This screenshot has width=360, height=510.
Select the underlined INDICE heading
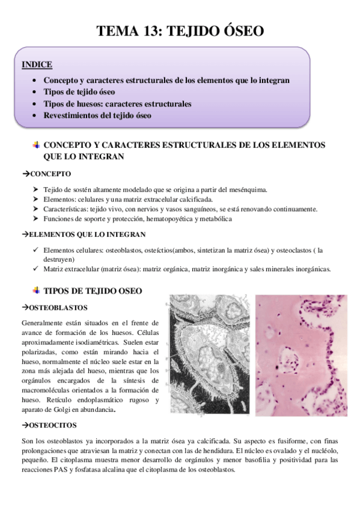(37, 64)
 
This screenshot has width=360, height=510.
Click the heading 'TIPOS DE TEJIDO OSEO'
(93, 291)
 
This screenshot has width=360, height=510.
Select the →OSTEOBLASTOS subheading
(54, 307)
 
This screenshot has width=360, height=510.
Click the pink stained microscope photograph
(301, 355)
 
